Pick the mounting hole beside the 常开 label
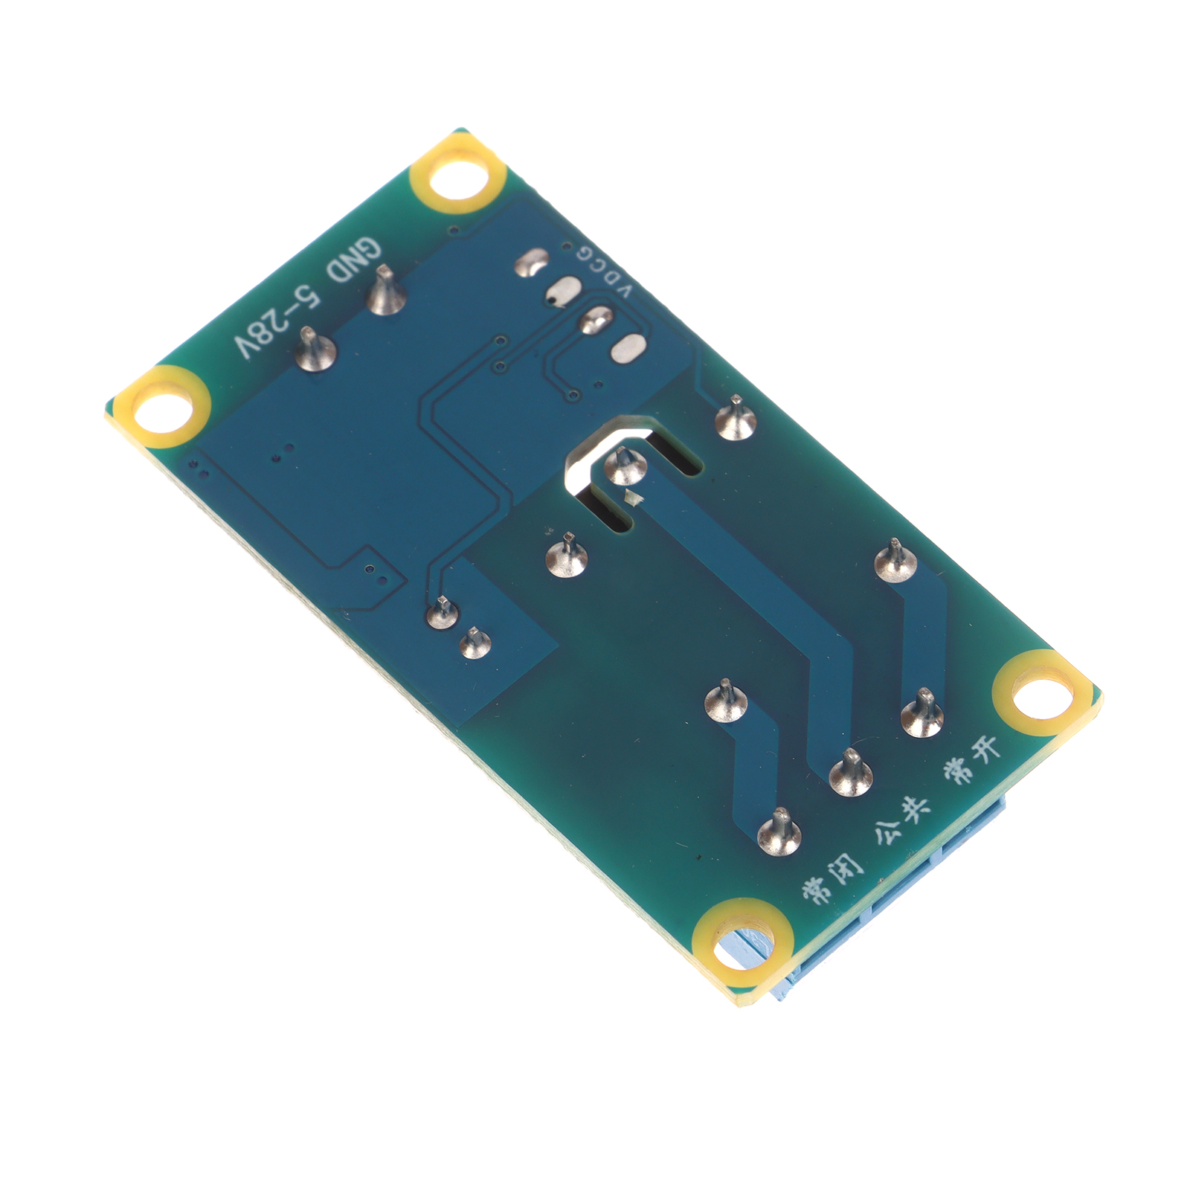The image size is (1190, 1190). [x=1043, y=692]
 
